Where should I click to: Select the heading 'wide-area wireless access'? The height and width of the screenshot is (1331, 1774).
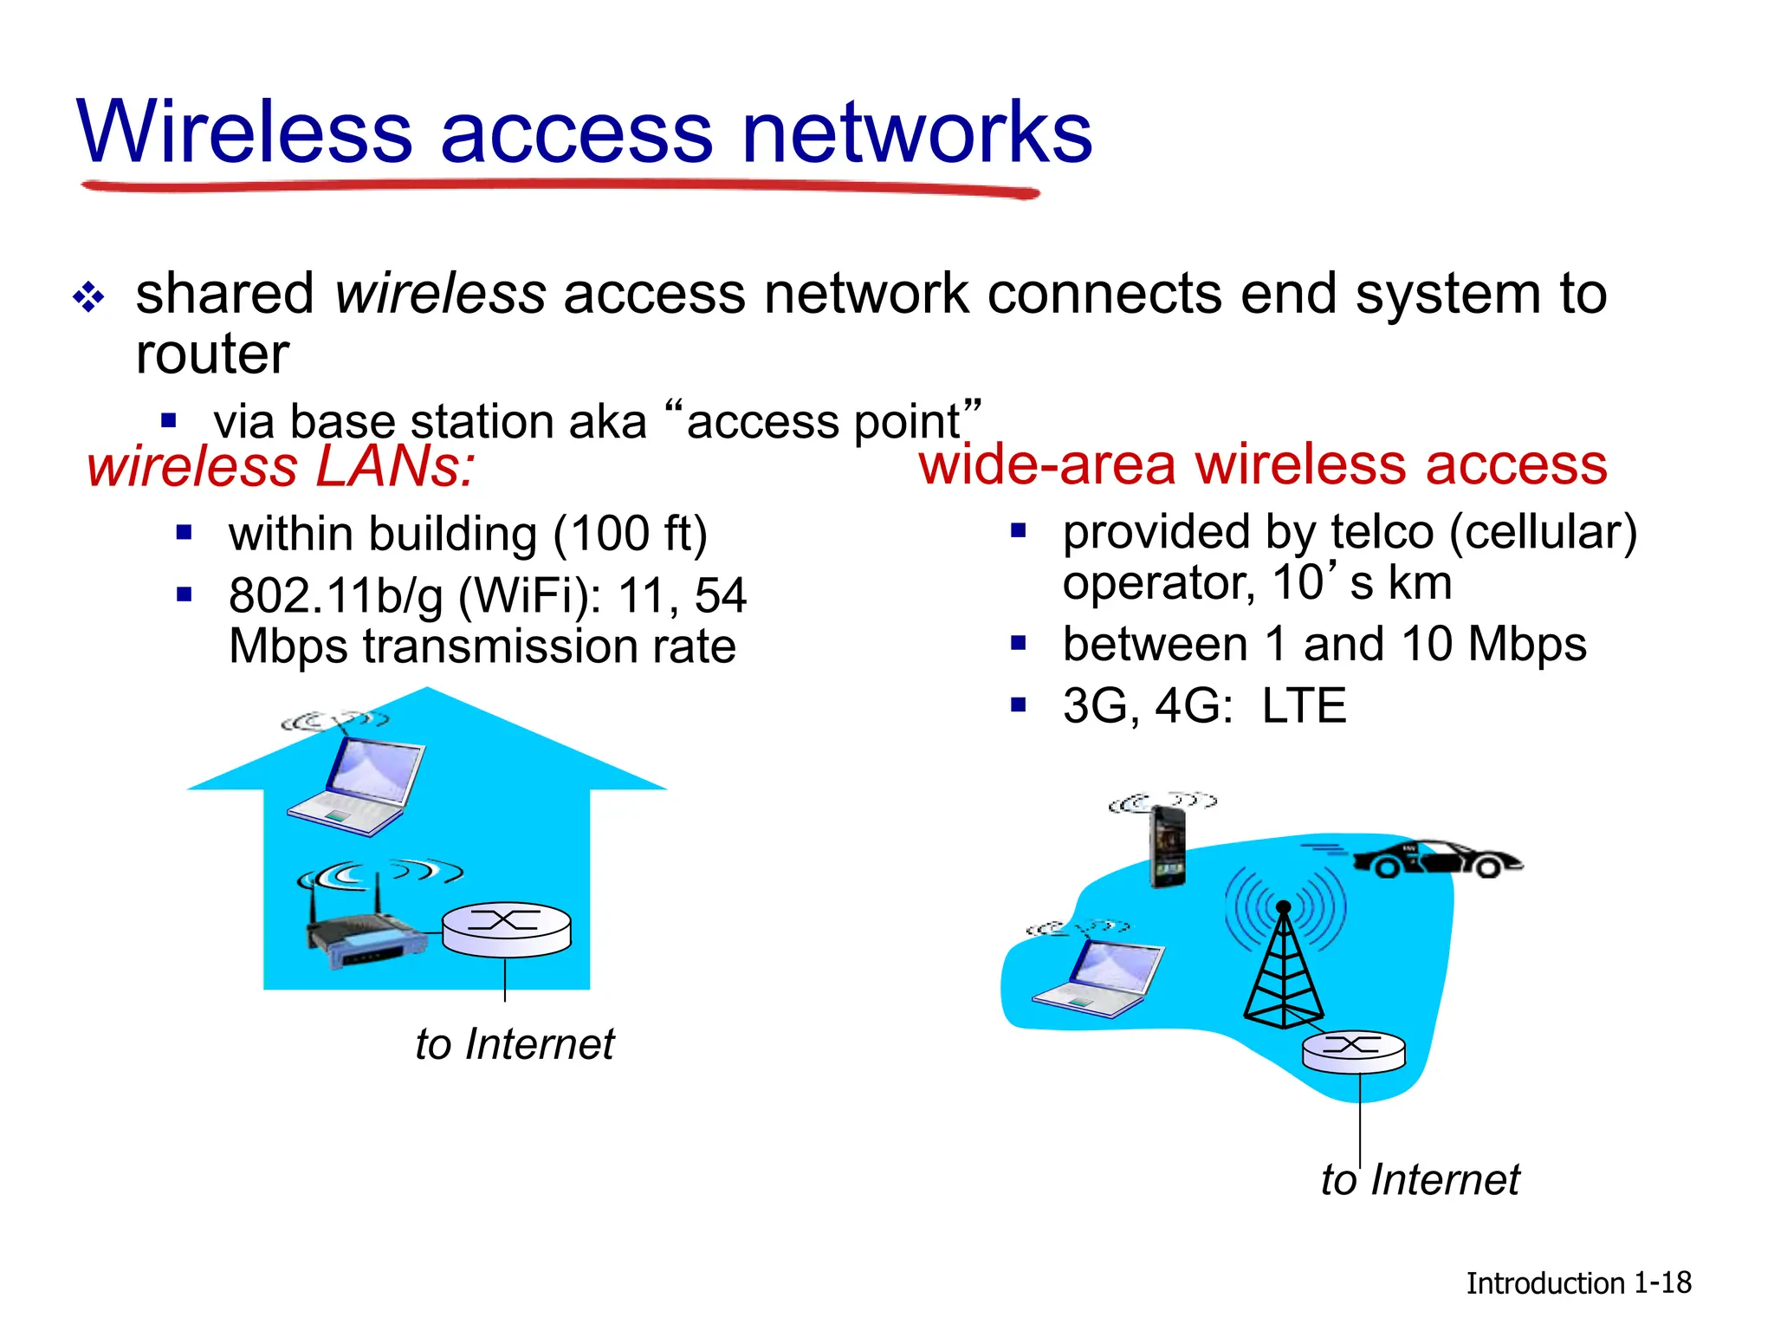[1263, 464]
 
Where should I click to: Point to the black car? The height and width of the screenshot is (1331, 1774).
[1438, 858]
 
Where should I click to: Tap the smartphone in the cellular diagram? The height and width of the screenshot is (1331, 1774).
[1167, 845]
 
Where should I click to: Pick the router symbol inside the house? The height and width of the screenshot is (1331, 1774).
[506, 929]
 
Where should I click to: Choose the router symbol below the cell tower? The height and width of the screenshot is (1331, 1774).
[1354, 1050]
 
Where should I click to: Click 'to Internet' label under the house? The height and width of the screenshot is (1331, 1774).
[515, 1043]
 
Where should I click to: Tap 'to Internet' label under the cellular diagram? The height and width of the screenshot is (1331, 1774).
[1420, 1179]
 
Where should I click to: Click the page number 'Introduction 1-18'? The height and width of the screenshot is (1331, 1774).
[1578, 1282]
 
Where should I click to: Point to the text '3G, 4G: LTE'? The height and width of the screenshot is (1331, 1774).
[1204, 705]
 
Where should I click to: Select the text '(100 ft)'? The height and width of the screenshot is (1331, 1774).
[630, 534]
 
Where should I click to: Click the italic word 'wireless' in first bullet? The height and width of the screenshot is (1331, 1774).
[440, 293]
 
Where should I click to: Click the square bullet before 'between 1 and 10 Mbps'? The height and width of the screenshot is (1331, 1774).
[1019, 643]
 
